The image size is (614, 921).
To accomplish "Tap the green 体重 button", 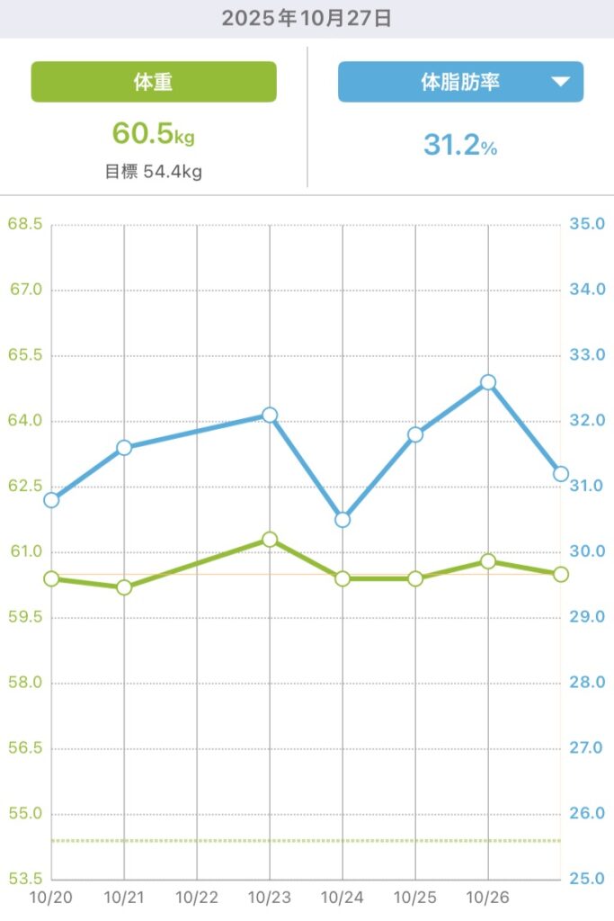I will pos(154,82).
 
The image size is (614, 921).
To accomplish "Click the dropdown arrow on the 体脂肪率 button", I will pos(561,82).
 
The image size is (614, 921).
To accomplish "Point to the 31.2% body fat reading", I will pos(460,144).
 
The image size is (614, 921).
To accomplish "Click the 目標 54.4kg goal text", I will pos(154,172).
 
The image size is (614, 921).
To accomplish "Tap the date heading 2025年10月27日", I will pos(307,19).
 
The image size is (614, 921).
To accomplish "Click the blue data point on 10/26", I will pos(488,382).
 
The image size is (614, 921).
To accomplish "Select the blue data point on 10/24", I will pos(343,520).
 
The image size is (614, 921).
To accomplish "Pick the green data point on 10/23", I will pos(270,540).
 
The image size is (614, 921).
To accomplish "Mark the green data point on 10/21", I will pos(124,587).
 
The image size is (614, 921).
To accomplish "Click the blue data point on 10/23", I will pos(270,415).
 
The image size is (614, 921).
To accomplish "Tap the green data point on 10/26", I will pos(488,561).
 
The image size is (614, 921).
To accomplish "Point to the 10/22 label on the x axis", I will pos(197,898).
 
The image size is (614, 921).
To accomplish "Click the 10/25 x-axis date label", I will pos(415,898).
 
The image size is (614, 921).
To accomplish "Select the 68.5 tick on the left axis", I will pos(25,224).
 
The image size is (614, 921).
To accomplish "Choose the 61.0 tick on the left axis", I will pos(25,552).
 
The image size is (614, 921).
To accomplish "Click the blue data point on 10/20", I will pos(51,500).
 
